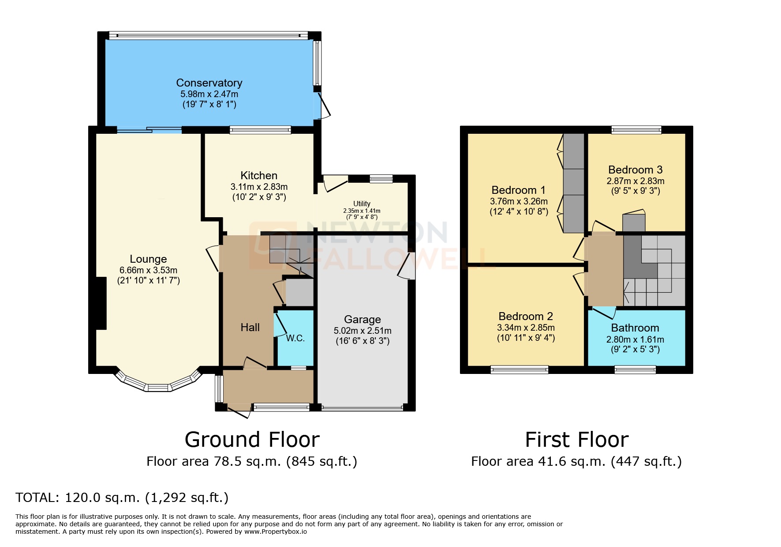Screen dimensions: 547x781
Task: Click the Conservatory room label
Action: (x=209, y=83)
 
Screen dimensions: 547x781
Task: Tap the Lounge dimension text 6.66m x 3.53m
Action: (x=148, y=270)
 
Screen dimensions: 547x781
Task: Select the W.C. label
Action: (x=295, y=338)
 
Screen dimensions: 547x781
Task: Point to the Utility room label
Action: (x=362, y=204)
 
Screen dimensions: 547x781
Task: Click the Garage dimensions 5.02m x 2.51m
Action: (x=362, y=330)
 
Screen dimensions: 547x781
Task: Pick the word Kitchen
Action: (x=259, y=175)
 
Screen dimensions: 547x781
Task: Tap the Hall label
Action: (x=250, y=327)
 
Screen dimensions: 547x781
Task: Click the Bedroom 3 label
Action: (x=635, y=170)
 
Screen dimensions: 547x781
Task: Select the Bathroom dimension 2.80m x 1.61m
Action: (x=635, y=339)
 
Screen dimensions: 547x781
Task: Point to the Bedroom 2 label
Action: (x=526, y=316)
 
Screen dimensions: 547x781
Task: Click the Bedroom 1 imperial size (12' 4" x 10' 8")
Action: (x=519, y=211)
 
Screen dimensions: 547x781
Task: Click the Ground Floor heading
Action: (x=252, y=440)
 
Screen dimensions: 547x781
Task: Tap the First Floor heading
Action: (x=576, y=440)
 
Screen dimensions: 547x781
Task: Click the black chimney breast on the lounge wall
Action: (x=101, y=303)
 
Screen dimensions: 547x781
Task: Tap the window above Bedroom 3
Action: (x=636, y=129)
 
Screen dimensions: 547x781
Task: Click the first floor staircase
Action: (x=654, y=270)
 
